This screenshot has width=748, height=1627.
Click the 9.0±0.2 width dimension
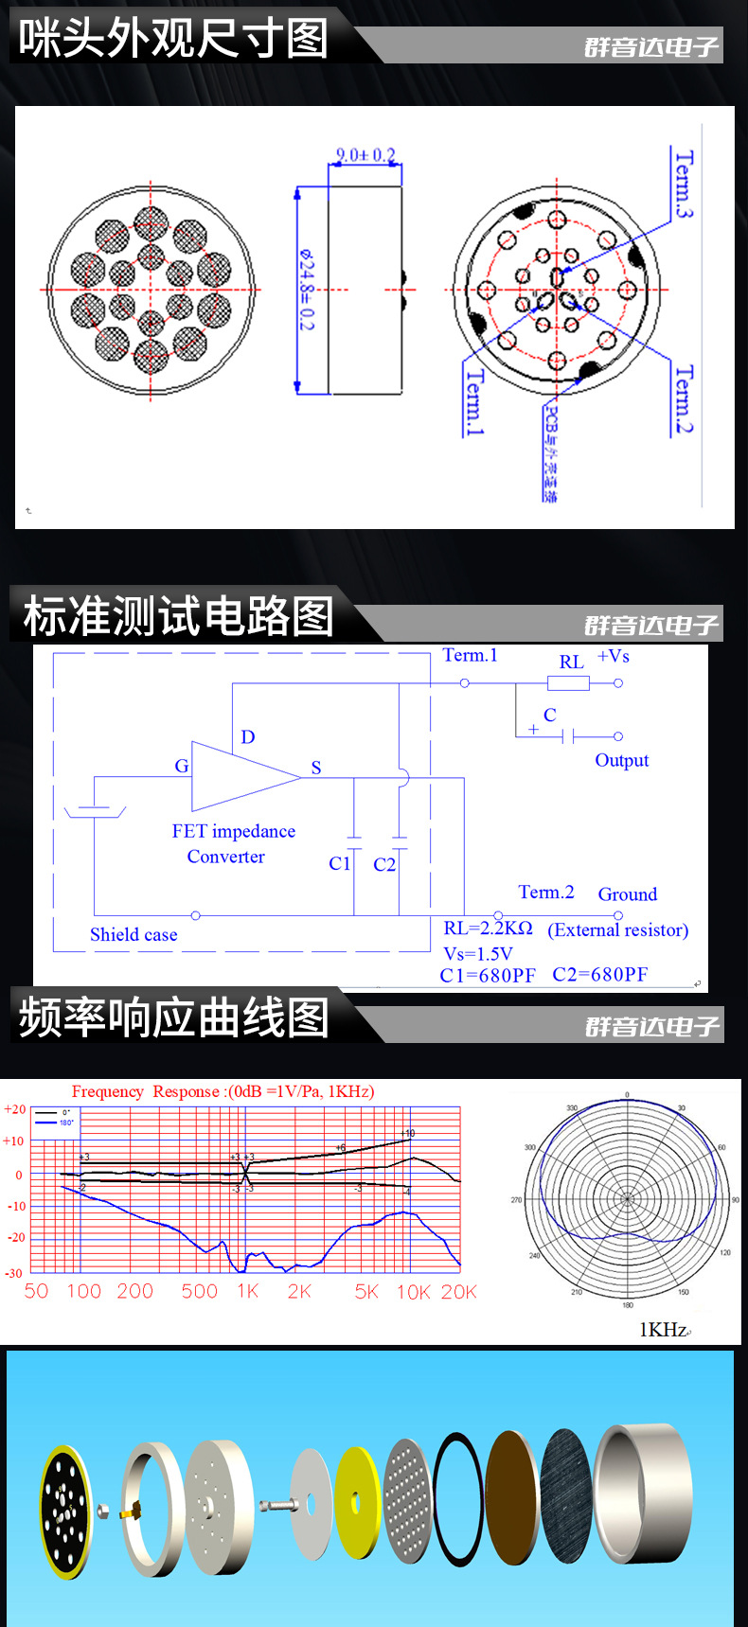[x=365, y=155]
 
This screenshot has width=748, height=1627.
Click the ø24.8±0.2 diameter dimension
[x=306, y=290]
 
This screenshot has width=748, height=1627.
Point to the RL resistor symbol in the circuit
[x=568, y=683]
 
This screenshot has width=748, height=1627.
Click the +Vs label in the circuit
[x=613, y=656]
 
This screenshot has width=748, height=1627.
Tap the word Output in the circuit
[x=621, y=761]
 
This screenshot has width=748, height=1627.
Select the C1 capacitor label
[x=339, y=863]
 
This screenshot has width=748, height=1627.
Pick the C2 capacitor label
[x=383, y=864]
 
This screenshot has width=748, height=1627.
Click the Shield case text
[x=134, y=935]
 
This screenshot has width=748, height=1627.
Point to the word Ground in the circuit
[x=627, y=894]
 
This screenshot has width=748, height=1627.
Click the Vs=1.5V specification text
[x=478, y=954]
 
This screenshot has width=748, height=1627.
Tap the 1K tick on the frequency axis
[x=248, y=1291]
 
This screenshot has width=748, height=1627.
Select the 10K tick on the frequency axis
[x=413, y=1292]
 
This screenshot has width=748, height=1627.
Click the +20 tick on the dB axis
[x=14, y=1109]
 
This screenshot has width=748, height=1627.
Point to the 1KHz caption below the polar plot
[x=664, y=1329]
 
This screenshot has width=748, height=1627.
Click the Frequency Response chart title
[x=223, y=1091]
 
